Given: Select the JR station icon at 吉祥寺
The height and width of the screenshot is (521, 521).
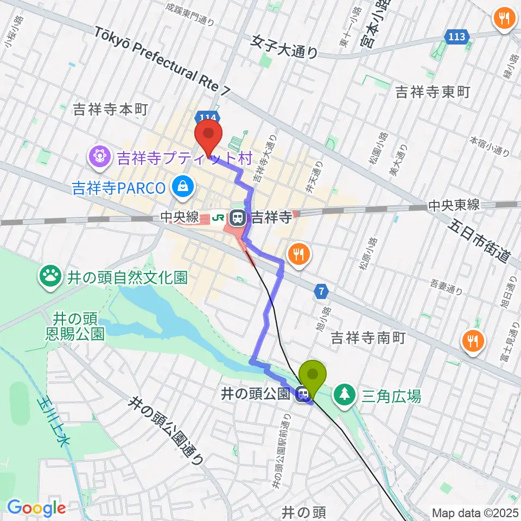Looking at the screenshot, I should pos(237,219).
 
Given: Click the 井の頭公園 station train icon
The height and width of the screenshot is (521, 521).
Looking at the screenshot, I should pos(303,394).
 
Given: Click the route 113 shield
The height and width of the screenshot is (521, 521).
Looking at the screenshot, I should pos(456,37).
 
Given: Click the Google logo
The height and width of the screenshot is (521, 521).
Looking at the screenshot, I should pos(36,509).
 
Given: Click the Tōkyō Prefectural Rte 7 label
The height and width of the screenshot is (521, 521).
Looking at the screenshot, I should pos(162,60).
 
